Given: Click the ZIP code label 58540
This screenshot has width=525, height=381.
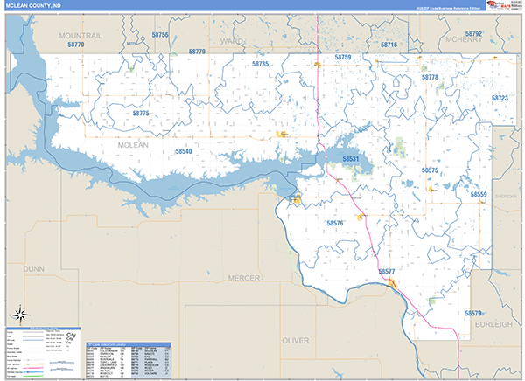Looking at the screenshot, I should (x=183, y=151).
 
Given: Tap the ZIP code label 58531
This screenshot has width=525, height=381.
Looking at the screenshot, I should (x=351, y=159).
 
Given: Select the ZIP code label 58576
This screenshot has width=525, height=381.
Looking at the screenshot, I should (x=335, y=224).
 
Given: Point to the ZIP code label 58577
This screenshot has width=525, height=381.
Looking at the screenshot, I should (x=387, y=272).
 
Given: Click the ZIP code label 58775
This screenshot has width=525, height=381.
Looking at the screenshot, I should (x=142, y=114).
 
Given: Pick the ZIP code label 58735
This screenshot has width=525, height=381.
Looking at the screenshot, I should (x=260, y=65).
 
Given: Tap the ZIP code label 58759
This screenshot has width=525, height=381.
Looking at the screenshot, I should (x=343, y=57).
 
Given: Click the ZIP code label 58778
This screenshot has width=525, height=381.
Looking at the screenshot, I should (x=430, y=78).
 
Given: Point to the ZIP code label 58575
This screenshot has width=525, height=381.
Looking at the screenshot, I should (x=430, y=170).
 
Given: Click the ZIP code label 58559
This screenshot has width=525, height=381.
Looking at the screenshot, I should (x=479, y=194).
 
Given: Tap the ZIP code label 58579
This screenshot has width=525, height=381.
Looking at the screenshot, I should (x=473, y=313).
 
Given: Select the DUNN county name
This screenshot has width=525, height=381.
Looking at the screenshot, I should (x=33, y=270).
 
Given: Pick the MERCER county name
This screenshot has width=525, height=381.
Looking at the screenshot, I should (x=243, y=277).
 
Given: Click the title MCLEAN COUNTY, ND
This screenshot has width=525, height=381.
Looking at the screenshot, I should (x=40, y=6).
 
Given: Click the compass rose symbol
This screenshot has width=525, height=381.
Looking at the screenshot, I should (x=18, y=313).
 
